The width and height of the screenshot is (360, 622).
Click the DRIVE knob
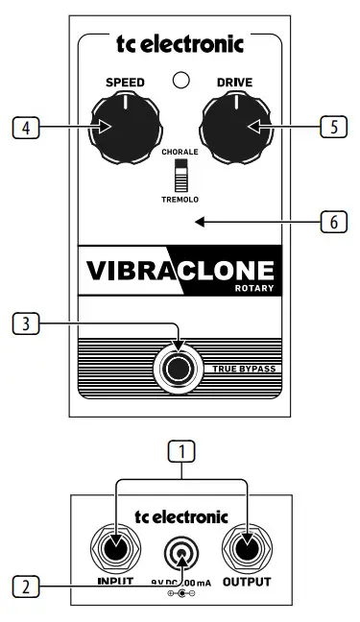pos(237,127)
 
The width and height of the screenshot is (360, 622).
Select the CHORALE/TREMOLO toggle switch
pos(180,176)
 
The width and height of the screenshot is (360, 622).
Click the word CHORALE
pos(180,153)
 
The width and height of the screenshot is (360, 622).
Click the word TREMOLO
pos(180,200)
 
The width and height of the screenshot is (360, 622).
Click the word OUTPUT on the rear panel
pos(247,582)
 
